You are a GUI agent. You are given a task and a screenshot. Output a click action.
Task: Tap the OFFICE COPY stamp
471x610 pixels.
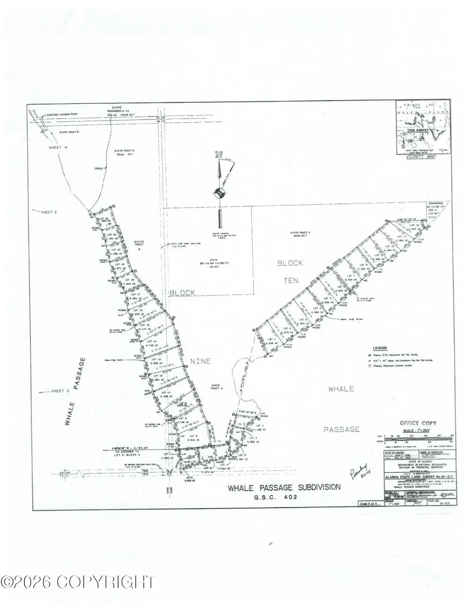pyautogui.click(x=418, y=423)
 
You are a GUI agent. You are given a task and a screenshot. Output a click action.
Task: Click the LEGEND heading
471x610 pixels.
pyautogui.click(x=380, y=348)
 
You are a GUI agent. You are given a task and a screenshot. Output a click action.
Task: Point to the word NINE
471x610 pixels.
pyautogui.click(x=200, y=361)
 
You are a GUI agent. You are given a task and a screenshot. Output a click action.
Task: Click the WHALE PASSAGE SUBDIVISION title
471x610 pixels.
pyautogui.click(x=284, y=487)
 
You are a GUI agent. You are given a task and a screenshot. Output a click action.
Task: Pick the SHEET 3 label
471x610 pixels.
pyautogui.click(x=49, y=212)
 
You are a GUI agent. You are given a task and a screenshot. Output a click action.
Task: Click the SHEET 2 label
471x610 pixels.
pyautogui.click(x=60, y=391)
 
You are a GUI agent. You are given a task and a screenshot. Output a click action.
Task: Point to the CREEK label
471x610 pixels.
pyautogui.click(x=99, y=169)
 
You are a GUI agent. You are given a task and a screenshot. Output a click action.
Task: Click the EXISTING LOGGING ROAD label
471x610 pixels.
pyautogui.click(x=62, y=114)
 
